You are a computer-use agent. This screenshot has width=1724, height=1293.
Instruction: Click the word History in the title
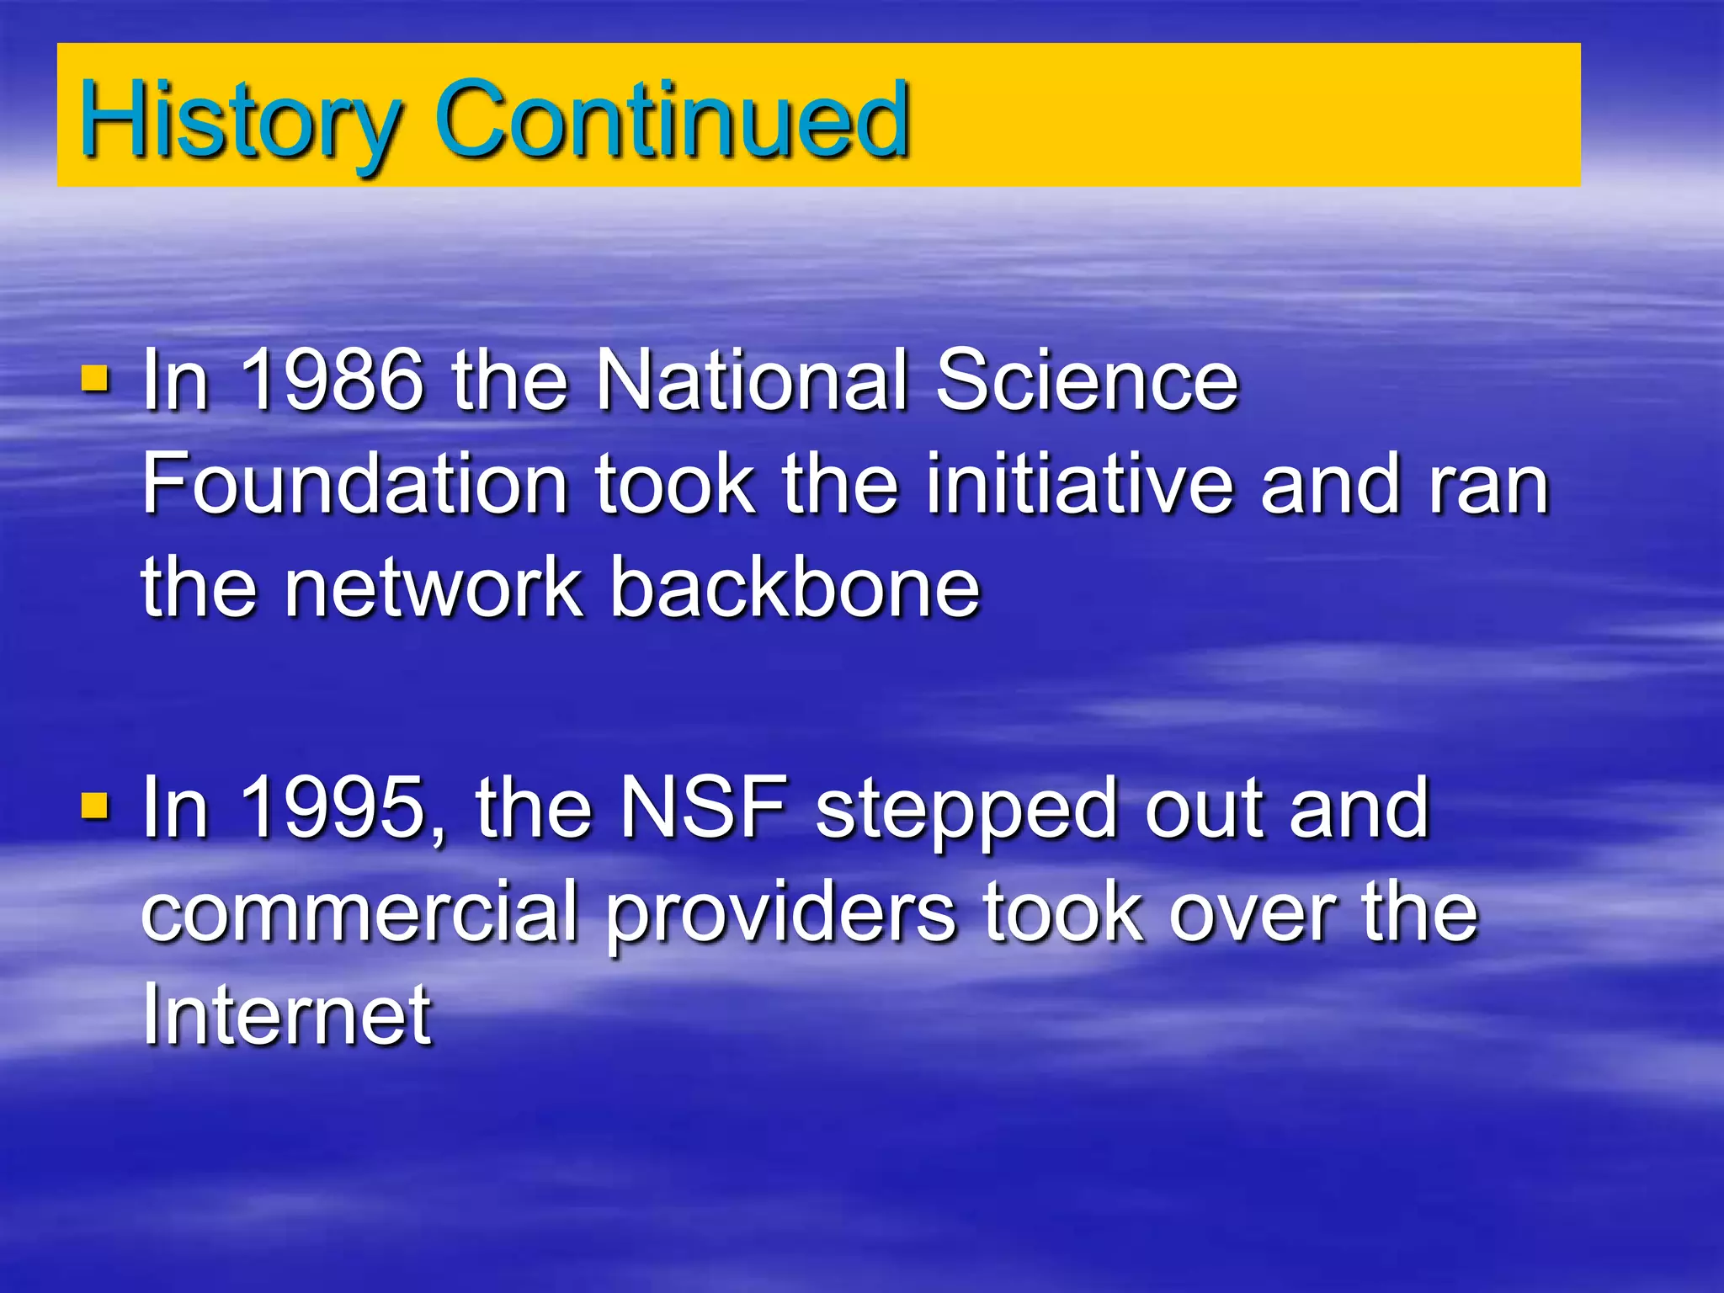click(240, 120)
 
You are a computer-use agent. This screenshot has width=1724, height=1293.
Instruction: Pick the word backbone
click(795, 587)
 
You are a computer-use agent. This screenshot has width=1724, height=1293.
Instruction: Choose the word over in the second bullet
click(1254, 913)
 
